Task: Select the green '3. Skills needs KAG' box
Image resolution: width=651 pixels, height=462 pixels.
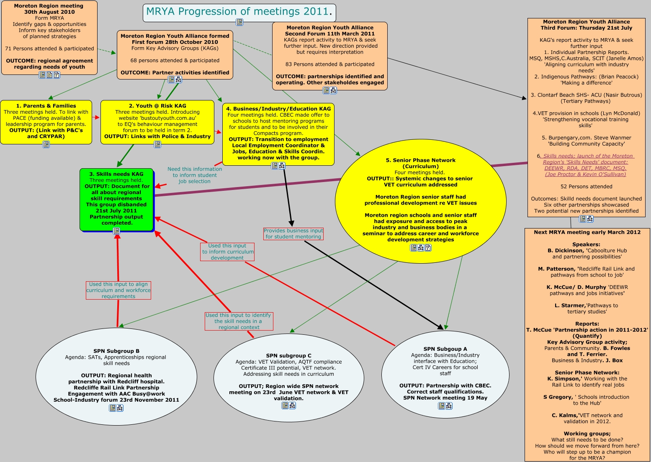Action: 116,198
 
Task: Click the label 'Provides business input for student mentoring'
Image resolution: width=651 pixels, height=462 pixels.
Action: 293,234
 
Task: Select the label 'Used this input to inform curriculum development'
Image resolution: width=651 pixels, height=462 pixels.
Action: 227,252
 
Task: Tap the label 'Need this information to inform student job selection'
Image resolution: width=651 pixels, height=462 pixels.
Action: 195,175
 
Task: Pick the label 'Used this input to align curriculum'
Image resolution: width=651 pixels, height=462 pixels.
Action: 118,290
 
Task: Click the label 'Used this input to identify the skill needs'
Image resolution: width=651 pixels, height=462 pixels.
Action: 239,321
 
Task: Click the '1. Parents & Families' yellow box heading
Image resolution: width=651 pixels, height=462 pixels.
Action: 46,106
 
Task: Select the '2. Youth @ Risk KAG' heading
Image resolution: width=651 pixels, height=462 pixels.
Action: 157,106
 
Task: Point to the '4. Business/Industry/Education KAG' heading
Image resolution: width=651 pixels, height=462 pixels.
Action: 278,109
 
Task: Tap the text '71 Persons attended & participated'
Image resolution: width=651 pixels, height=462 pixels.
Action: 49,49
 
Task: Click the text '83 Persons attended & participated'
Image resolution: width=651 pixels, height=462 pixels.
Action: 330,64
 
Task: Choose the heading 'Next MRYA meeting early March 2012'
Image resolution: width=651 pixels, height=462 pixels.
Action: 587,232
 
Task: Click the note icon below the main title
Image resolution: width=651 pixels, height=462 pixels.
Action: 239,22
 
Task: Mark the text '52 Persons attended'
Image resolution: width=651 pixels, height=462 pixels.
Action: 586,187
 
